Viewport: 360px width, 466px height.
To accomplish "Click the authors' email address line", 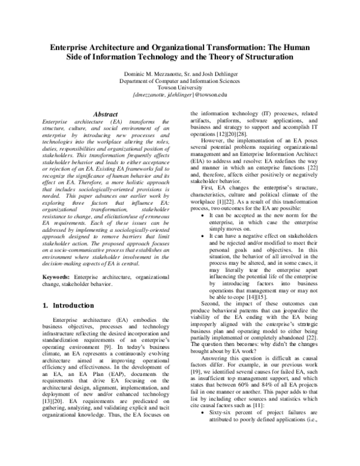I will pos(179,94).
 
